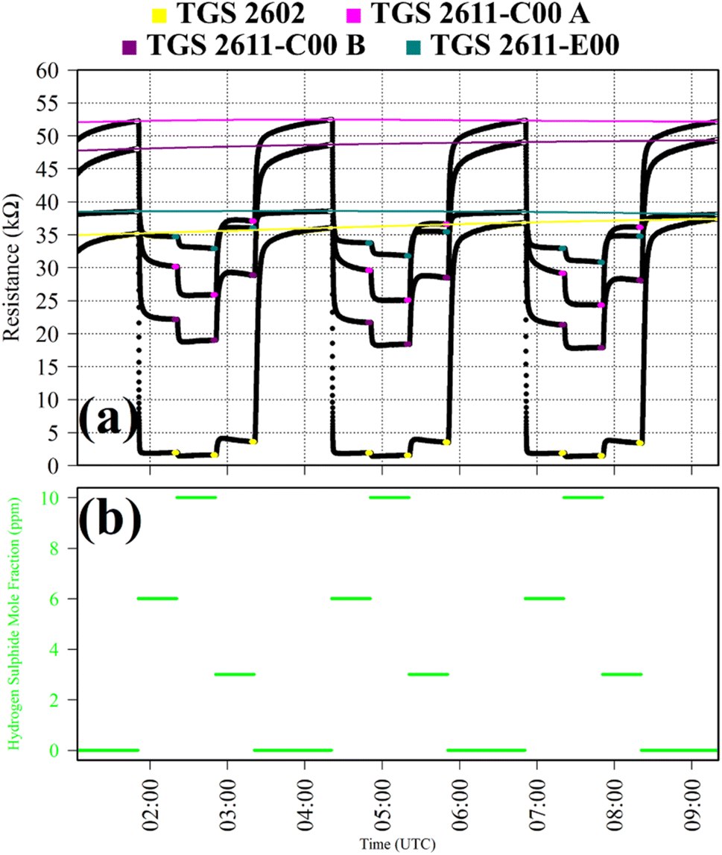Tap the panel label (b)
110,514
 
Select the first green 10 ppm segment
196,497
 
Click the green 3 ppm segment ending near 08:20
621,674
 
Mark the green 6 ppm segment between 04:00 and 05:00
351,599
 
